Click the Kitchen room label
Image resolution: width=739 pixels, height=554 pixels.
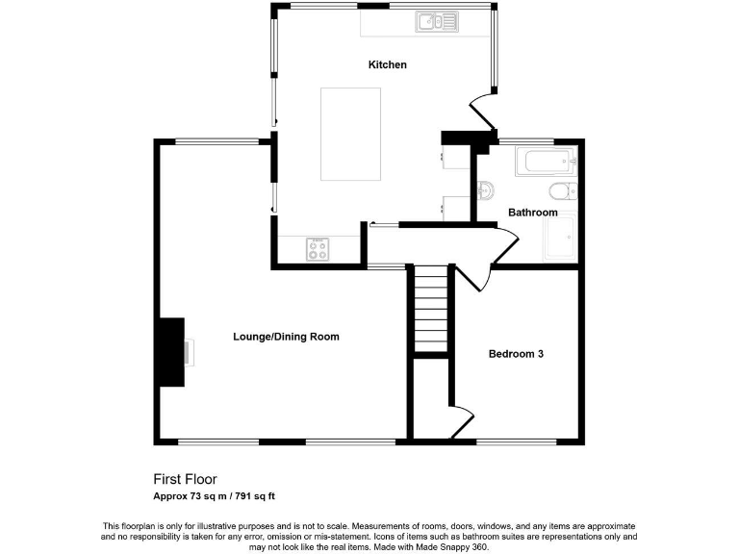pos(388,65)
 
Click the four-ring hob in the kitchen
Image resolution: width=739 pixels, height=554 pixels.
pos(318,250)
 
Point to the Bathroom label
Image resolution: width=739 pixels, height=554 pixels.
pos(532,213)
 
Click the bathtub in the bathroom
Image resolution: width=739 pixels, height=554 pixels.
pos(545,162)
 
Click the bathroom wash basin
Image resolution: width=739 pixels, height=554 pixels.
pos(486,188)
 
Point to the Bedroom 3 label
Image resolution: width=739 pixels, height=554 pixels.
pos(517,354)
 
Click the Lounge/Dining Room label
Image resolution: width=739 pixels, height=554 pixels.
pos(286,337)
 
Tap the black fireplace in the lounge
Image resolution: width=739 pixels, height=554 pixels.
pos(172,352)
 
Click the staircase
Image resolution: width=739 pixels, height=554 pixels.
pos(430,311)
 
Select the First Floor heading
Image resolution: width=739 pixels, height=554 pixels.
pos(186,479)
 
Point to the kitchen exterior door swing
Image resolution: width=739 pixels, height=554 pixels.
pos(483,111)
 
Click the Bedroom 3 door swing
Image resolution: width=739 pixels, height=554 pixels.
pos(473,276)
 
